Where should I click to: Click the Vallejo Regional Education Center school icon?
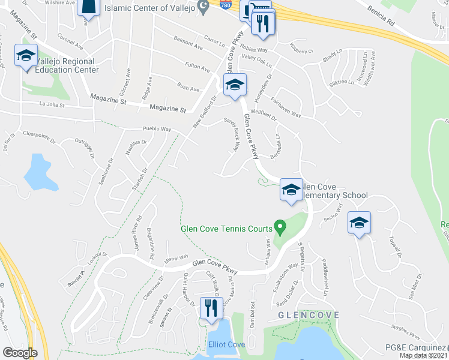click(x=26, y=57)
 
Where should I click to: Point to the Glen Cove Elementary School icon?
click(x=291, y=191)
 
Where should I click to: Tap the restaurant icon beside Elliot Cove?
click(x=210, y=308)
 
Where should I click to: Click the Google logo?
click(x=20, y=353)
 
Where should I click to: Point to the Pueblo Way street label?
click(x=157, y=129)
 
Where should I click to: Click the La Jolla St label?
click(x=51, y=104)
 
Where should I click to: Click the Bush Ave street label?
click(x=188, y=88)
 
